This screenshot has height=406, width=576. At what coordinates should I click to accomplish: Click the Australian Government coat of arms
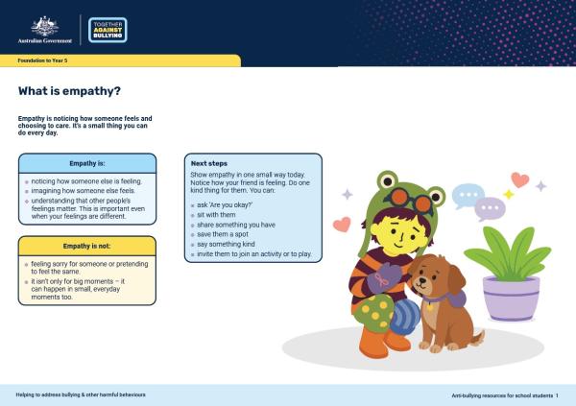tap(45, 26)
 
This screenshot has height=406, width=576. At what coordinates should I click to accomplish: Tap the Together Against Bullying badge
tap(108, 30)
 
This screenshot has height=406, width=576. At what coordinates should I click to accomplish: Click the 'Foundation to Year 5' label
tap(42, 60)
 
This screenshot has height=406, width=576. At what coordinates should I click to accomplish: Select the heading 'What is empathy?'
tap(69, 91)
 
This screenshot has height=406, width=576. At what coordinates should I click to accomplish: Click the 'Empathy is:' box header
tap(87, 163)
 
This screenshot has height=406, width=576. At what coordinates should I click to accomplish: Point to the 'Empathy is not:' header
tap(87, 246)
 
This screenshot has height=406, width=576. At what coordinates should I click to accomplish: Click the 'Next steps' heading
tap(209, 163)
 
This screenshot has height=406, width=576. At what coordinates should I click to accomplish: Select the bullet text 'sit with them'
tap(216, 215)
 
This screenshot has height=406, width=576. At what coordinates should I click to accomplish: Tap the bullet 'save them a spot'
tap(223, 234)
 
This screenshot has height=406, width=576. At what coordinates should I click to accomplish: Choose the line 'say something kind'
tap(226, 244)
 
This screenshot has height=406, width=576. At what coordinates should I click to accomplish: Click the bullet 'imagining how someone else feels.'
tap(83, 191)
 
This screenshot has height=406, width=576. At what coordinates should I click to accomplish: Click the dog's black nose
tap(422, 280)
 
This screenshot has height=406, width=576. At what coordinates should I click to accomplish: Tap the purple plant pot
tap(511, 299)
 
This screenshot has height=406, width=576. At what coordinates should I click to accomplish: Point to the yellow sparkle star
tap(509, 195)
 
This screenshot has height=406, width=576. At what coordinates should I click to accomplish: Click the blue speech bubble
tap(468, 196)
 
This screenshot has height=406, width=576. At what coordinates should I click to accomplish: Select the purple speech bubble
tap(490, 208)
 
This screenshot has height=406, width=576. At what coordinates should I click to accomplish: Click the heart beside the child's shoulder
tap(342, 225)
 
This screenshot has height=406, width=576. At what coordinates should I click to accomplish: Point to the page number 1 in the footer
tap(557, 395)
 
